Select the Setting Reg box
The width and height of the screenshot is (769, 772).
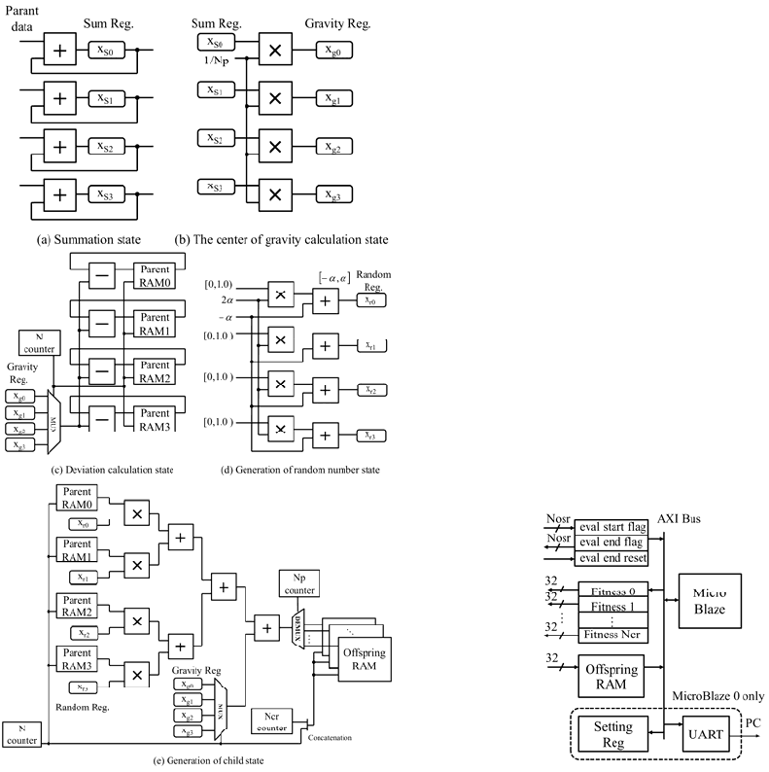(x=612, y=733)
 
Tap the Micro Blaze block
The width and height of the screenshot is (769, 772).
(x=717, y=601)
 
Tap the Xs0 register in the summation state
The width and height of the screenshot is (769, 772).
(x=108, y=49)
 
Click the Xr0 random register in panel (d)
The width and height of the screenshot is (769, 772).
(x=371, y=300)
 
